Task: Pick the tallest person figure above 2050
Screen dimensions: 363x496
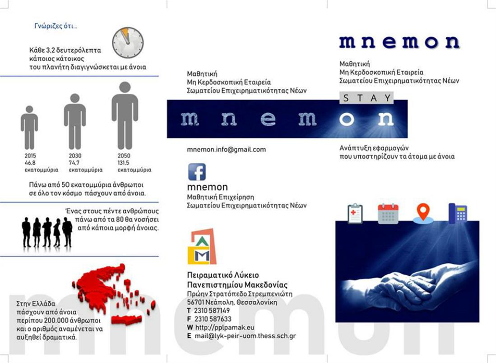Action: [125, 115]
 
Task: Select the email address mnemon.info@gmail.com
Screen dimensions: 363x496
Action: [226, 149]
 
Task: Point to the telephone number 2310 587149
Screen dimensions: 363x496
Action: [212, 311]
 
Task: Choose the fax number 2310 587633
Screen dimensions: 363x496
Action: [212, 319]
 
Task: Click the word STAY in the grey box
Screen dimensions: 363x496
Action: [366, 97]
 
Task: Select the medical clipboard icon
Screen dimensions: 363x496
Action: [355, 214]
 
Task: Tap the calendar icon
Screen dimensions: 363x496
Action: [388, 214]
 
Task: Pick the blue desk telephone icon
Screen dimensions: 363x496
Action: [458, 214]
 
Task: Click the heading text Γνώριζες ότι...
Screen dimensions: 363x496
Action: [56, 26]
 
